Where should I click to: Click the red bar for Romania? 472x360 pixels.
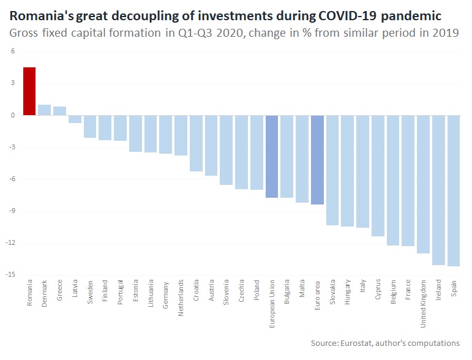pos(29,91)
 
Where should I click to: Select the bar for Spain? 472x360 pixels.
pos(453,190)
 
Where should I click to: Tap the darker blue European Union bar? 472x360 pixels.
pos(272,156)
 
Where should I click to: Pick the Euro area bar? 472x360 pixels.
pos(317,160)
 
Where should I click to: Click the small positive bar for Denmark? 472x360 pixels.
pos(45,110)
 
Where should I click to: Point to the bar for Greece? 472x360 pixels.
pos(59,111)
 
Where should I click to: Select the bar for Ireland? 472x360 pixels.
pos(438,190)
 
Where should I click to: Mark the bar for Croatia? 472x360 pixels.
pos(196,143)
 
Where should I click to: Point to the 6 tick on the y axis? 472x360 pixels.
pos(13,51)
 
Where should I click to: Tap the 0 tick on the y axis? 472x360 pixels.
pos(13,115)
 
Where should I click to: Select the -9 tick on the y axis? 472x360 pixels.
pos(12,211)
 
